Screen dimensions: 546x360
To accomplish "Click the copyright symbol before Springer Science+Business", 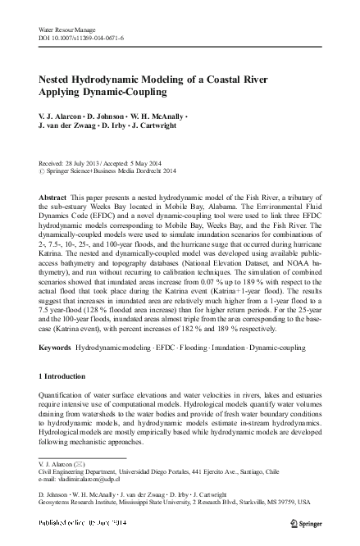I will pos(43,171).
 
